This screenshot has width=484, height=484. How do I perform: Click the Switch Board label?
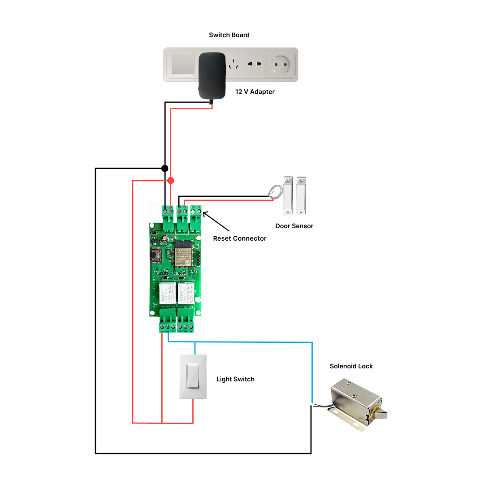point(229,35)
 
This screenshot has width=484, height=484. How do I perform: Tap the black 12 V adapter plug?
point(212,75)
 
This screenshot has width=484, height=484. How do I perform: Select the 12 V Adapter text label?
point(255,92)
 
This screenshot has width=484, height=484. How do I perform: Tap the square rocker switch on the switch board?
point(181,65)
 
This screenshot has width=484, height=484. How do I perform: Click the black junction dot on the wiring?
point(165,169)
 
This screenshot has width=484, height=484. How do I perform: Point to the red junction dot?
point(171,181)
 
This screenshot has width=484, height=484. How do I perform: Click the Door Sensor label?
point(294,226)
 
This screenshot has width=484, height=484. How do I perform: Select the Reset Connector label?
point(239,238)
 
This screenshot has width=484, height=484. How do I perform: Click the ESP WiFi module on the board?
point(183,256)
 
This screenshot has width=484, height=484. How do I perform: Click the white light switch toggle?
point(193,376)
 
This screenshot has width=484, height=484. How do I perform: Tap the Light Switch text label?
point(235,379)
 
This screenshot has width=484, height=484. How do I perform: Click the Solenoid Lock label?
point(351,366)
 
